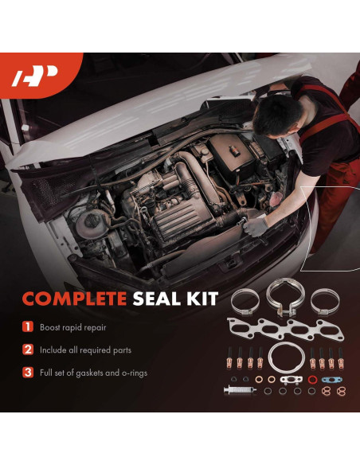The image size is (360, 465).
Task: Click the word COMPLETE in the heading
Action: coord(72,299)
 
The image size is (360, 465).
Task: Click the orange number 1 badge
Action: coord(27,327)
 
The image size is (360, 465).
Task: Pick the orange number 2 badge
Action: coord(27,350)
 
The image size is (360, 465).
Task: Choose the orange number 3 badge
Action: coord(27,372)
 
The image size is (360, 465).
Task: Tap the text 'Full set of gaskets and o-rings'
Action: coord(96,372)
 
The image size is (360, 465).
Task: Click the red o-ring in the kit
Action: coord(312,379)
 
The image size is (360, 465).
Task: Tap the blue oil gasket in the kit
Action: coord(327,379)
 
